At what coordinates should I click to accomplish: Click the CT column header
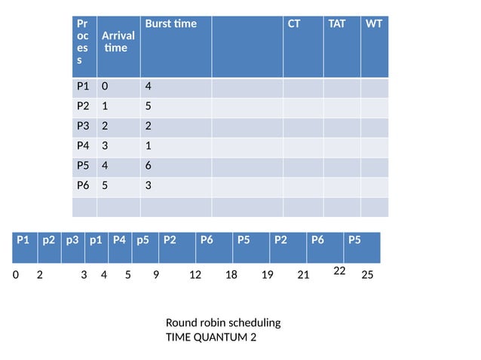[x=294, y=23]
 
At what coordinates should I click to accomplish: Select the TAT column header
[x=336, y=23]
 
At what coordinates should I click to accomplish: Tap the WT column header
[x=374, y=23]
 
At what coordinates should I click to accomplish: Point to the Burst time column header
[x=170, y=23]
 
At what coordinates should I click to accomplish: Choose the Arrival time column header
[x=118, y=41]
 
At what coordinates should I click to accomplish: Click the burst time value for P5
[x=149, y=166]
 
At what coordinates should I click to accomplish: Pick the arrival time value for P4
[x=106, y=146]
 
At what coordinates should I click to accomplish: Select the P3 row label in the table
[x=84, y=127]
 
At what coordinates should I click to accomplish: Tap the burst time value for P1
[x=149, y=87]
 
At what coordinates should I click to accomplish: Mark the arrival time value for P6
[x=106, y=185]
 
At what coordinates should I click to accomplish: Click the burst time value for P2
[x=149, y=106]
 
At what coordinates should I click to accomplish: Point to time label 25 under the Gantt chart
[x=368, y=276]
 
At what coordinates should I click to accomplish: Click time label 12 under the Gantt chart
[x=195, y=276]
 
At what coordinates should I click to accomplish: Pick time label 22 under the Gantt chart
[x=339, y=270]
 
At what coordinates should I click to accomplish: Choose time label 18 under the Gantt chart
[x=231, y=276]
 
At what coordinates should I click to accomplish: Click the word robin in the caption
[x=212, y=322]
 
